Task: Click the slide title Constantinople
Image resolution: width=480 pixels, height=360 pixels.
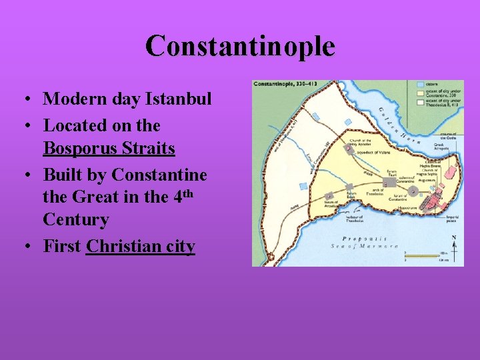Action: click(x=240, y=46)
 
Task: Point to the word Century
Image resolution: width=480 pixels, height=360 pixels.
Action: click(x=76, y=219)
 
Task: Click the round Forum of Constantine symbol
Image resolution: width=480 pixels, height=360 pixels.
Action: click(x=413, y=191)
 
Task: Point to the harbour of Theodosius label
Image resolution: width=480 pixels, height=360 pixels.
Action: click(x=352, y=218)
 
